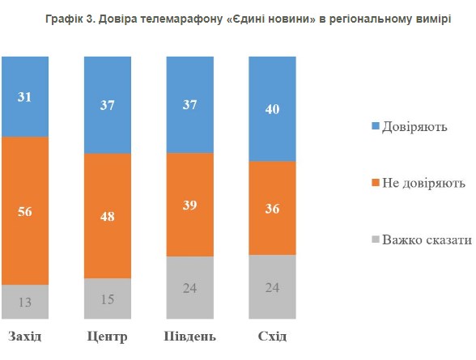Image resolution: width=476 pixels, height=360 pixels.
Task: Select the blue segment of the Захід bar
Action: (25, 96)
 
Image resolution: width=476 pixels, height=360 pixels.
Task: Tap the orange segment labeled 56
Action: (25, 210)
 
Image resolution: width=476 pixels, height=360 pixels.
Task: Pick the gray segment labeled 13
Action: (25, 301)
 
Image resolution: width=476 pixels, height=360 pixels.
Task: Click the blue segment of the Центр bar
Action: (108, 104)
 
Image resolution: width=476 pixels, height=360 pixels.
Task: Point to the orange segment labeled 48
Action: (108, 215)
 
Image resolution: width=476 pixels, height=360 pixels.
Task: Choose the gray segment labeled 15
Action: (108, 299)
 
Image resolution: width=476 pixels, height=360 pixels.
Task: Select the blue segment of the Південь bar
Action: (190, 104)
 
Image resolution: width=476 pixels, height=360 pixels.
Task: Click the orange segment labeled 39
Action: (190, 204)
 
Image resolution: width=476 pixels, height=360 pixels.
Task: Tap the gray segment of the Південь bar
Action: (190, 287)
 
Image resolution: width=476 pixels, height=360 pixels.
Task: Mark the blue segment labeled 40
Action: (273, 108)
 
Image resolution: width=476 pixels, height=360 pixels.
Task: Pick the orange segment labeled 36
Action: (273, 208)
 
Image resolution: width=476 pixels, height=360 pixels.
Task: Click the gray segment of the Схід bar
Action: (273, 286)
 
